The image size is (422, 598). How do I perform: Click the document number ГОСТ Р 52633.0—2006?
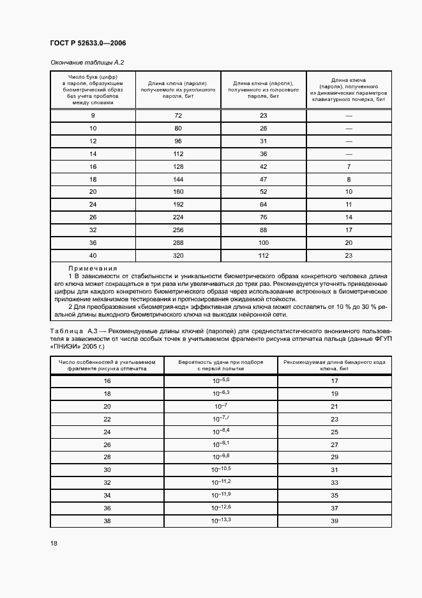click(87, 43)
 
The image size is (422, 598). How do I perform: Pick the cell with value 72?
click(178, 115)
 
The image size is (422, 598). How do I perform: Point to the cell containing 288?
click(178, 243)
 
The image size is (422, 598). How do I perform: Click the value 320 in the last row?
click(178, 256)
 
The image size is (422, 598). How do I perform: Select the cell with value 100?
click(263, 243)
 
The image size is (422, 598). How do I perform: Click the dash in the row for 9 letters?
click(349, 115)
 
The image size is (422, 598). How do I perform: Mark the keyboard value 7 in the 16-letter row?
click(349, 166)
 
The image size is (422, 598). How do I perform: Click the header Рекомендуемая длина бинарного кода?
click(334, 365)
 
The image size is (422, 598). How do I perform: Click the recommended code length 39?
click(334, 521)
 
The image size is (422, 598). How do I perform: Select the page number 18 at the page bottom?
click(54, 543)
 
